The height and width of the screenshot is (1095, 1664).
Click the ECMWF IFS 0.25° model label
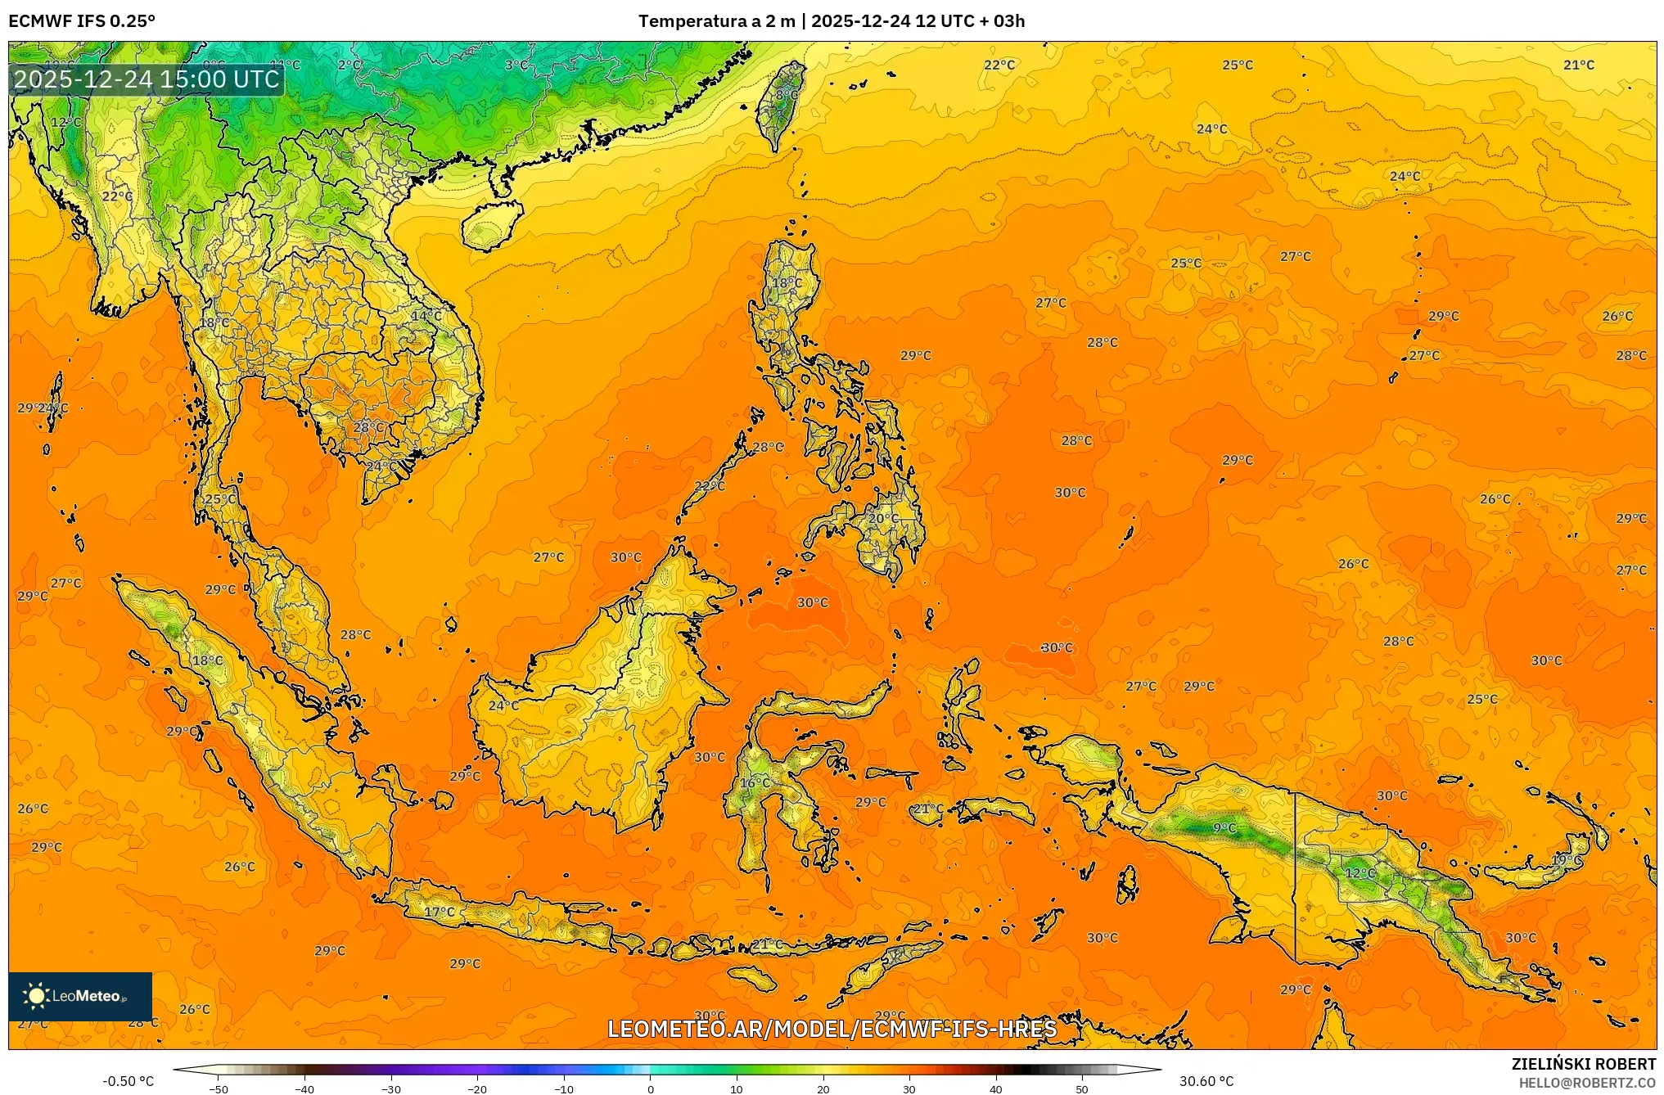[82, 21]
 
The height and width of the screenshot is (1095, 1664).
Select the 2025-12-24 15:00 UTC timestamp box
[147, 79]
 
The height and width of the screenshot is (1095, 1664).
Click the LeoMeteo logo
[80, 996]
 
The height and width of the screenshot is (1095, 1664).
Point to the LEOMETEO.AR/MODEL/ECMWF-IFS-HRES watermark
[832, 1029]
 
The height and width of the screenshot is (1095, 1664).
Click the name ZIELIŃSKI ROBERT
[1583, 1064]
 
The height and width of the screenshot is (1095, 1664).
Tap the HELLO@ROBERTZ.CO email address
[1587, 1083]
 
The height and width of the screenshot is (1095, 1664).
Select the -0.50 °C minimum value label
[128, 1081]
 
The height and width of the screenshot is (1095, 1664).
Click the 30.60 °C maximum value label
[1206, 1081]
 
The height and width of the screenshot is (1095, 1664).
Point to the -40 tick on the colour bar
[304, 1088]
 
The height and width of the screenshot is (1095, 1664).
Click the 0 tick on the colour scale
[651, 1088]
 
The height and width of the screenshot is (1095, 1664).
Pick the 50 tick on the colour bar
[1082, 1088]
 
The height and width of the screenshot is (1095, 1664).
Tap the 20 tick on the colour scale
[823, 1088]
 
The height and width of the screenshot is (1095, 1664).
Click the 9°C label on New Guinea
[1224, 828]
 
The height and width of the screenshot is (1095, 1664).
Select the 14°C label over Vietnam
[426, 316]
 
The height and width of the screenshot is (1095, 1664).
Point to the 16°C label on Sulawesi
[755, 783]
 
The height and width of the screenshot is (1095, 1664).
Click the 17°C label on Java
[439, 912]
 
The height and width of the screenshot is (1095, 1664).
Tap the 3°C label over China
[516, 65]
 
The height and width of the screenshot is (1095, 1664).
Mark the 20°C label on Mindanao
[883, 518]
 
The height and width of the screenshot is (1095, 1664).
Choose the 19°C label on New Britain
[1567, 861]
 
